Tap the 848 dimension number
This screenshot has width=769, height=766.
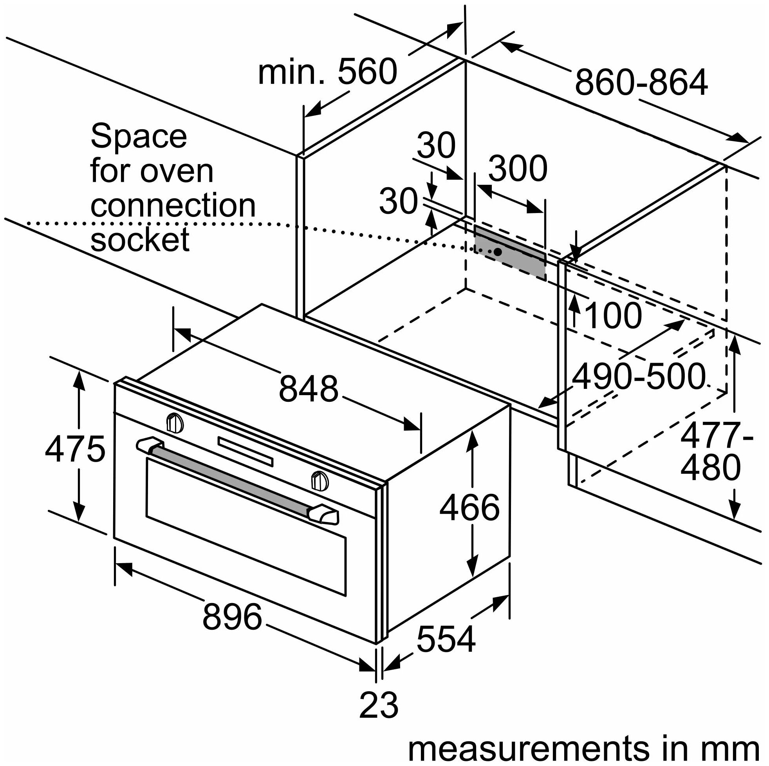click(308, 388)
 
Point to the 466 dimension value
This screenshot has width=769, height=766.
click(469, 507)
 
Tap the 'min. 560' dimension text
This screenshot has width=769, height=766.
click(327, 72)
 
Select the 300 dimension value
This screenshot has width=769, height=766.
click(518, 169)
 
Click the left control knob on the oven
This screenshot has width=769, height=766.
click(174, 423)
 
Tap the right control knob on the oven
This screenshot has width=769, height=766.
click(319, 481)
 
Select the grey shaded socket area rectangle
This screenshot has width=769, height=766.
click(509, 251)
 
